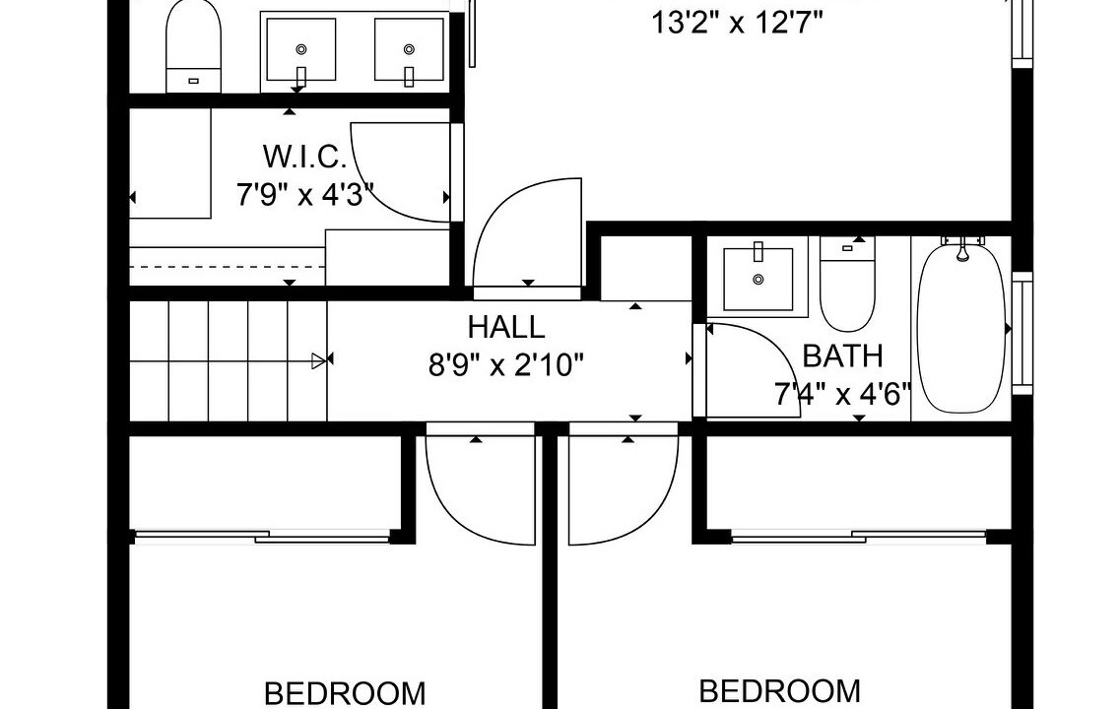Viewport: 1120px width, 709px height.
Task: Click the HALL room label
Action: (506, 327)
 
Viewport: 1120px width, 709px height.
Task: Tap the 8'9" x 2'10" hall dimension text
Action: (506, 365)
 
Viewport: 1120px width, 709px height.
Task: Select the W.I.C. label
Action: (305, 157)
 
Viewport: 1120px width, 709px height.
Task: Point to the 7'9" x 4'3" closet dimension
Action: (305, 194)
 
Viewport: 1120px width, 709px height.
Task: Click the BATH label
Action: (843, 355)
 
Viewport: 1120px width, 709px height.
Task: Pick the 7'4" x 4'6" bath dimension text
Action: (843, 394)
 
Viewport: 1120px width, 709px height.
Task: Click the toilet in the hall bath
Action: (847, 284)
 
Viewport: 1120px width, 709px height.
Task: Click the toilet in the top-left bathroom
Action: (194, 46)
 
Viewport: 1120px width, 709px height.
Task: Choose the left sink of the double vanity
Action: (300, 50)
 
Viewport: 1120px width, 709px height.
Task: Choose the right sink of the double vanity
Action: (409, 50)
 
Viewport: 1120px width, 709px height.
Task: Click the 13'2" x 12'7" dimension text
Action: (737, 23)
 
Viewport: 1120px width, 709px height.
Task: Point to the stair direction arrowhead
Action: (319, 361)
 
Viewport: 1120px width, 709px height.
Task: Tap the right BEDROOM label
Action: (779, 691)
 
